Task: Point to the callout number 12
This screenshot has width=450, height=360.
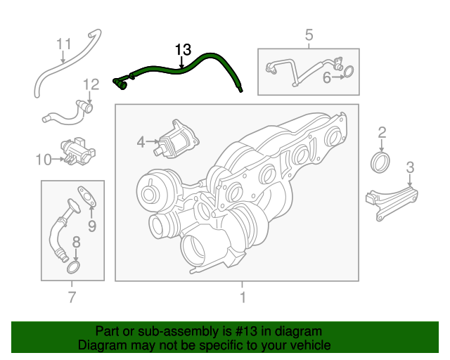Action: (x=91, y=85)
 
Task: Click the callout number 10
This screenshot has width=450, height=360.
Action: (x=44, y=160)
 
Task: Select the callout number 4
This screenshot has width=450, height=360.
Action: (x=141, y=143)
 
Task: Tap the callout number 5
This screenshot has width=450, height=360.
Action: (x=309, y=34)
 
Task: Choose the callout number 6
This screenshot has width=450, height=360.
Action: (x=326, y=77)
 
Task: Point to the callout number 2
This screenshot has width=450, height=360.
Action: (x=382, y=132)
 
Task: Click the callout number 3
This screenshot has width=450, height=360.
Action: (x=410, y=167)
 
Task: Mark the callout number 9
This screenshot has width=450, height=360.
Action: (x=91, y=226)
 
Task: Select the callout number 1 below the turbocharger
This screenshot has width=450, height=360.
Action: (x=243, y=297)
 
